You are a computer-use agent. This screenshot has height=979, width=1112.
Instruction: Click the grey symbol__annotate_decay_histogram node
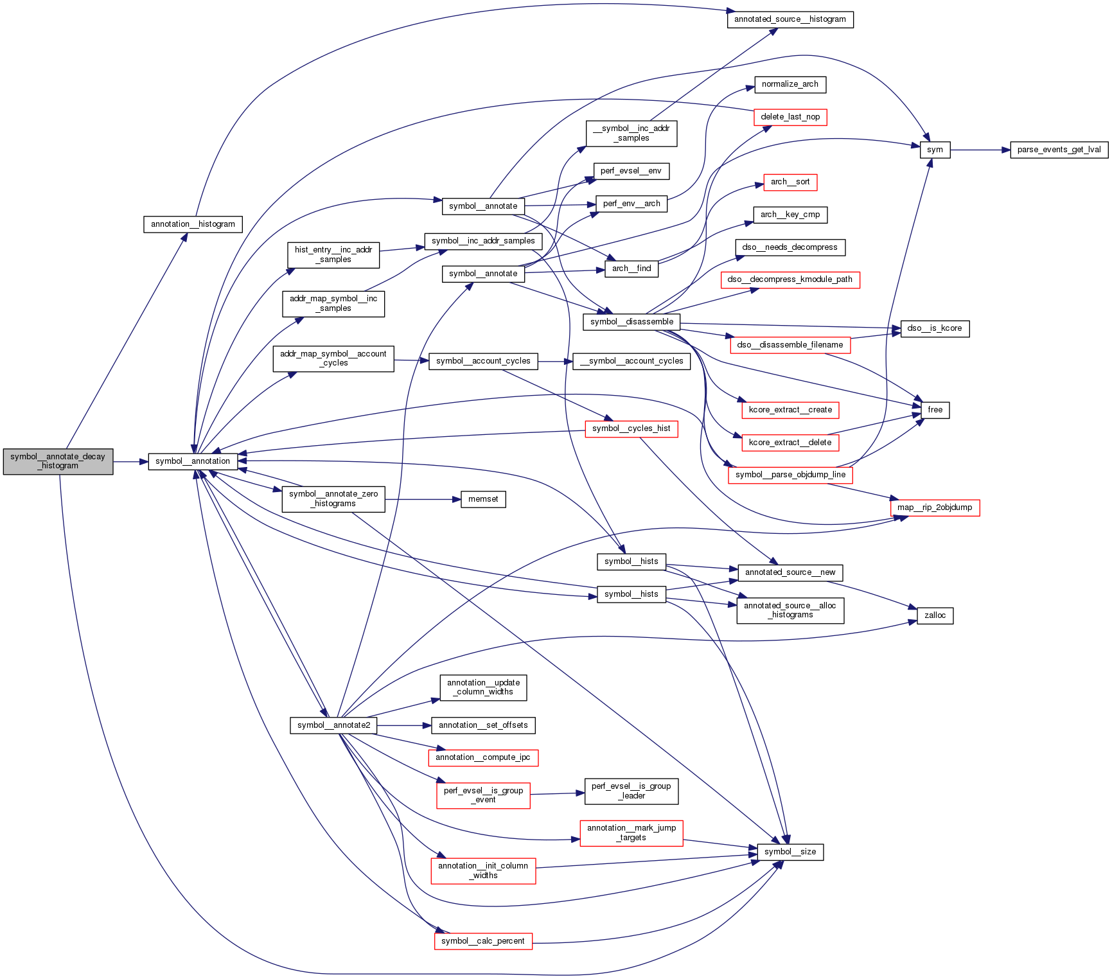click(58, 461)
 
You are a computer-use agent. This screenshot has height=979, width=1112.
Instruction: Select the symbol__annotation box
click(193, 461)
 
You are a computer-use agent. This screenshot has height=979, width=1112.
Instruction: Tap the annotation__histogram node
click(193, 224)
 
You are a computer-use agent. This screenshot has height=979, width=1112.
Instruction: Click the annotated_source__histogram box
click(790, 19)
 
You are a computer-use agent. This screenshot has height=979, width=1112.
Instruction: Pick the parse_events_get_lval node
click(1059, 150)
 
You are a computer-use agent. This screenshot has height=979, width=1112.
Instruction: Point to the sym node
click(935, 150)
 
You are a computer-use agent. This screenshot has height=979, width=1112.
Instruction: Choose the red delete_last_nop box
click(790, 117)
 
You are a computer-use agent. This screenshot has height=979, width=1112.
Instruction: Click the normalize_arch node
click(790, 84)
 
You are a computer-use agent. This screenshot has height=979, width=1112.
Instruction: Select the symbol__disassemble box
click(631, 322)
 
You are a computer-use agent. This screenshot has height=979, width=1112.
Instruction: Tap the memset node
click(483, 499)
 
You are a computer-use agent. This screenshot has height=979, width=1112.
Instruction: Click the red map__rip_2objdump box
click(935, 507)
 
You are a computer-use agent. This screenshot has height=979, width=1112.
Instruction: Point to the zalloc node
click(935, 615)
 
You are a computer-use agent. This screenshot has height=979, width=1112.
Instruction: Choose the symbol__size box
click(790, 852)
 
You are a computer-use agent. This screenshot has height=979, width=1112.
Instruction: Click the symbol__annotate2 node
click(333, 725)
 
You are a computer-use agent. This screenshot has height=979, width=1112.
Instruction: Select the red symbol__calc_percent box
click(483, 941)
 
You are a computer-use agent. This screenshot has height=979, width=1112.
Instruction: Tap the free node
click(935, 410)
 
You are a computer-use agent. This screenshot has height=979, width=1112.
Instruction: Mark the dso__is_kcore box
click(935, 328)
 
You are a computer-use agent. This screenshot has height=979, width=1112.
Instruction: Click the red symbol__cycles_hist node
click(631, 428)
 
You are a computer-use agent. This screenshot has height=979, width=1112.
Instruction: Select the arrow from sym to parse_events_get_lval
click(980, 150)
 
